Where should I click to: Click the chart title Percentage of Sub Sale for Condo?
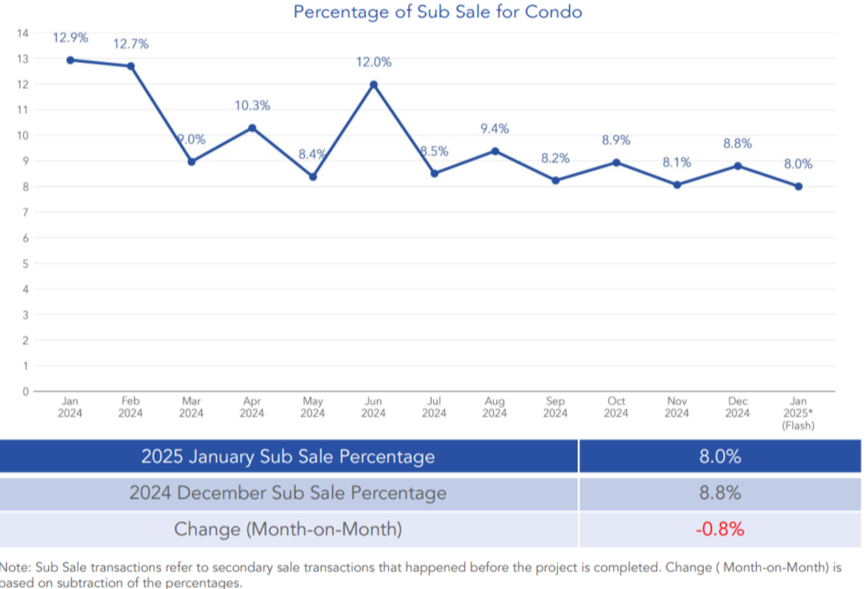click(x=437, y=12)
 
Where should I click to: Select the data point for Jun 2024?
click(x=374, y=84)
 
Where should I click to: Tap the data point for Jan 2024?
click(x=70, y=60)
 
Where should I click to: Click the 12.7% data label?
click(x=131, y=44)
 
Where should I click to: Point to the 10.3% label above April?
click(x=252, y=106)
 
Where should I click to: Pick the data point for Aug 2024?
click(x=495, y=151)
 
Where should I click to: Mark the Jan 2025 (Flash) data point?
click(x=799, y=186)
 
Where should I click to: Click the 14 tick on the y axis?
click(x=22, y=33)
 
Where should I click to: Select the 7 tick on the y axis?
click(x=25, y=212)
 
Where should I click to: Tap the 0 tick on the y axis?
click(x=25, y=391)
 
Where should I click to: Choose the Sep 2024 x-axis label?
click(x=555, y=407)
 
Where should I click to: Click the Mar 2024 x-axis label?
click(x=191, y=407)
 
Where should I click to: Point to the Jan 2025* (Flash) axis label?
click(x=798, y=413)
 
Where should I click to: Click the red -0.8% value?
click(x=719, y=529)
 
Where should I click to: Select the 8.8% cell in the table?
click(x=719, y=493)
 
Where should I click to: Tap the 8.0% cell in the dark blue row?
click(x=719, y=456)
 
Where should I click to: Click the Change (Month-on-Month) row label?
click(x=288, y=529)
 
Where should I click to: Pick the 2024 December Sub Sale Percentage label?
click(x=288, y=493)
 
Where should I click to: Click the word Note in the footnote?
click(x=15, y=568)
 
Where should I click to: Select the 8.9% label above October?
click(x=616, y=140)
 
